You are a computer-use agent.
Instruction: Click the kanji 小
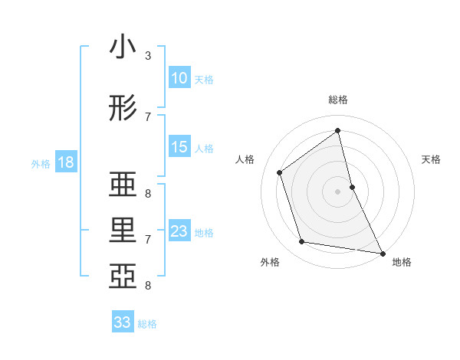tap(123, 47)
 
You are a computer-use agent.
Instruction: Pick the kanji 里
tap(123, 231)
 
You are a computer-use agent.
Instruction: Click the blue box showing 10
tap(179, 78)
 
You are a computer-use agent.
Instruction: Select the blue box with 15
tap(179, 147)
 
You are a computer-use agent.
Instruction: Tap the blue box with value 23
tap(179, 231)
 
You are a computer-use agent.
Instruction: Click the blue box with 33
tap(123, 322)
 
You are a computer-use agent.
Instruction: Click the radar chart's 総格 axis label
tap(337, 100)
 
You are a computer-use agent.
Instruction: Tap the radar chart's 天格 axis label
tap(431, 159)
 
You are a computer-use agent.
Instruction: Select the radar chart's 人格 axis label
tap(245, 159)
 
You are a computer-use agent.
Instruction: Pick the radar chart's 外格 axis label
tap(270, 262)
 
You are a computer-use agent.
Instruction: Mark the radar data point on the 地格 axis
tap(382, 252)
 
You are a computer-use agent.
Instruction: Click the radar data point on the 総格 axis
tap(337, 131)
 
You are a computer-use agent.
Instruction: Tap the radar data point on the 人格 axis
tap(280, 172)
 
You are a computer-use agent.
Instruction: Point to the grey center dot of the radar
tap(337, 191)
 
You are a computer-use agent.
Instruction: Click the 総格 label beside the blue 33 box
tap(147, 324)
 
